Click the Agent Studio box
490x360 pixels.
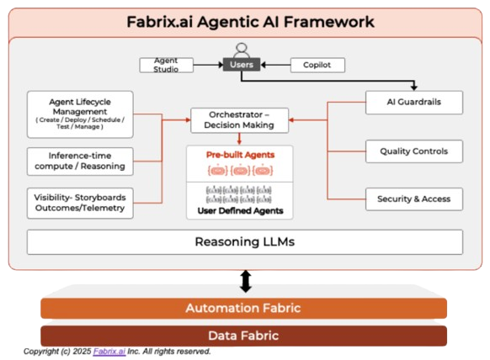pos(166,66)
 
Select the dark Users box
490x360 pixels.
pos(242,65)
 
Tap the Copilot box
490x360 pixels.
pos(317,66)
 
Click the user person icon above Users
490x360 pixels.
pos(242,50)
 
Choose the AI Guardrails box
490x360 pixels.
pos(414,103)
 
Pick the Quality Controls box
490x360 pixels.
pos(414,151)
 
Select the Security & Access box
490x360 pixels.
pos(414,199)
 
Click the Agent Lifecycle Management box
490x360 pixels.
pos(80,114)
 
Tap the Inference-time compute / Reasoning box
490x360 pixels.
pos(80,161)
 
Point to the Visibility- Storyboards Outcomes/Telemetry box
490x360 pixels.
pos(80,203)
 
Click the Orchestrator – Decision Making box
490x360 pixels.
pos(239,120)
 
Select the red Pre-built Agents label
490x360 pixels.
pos(240,155)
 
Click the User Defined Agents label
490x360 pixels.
pos(240,211)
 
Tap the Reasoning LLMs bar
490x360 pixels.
pos(245,242)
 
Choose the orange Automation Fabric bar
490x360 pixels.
pos(243,308)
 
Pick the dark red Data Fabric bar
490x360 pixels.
pos(243,336)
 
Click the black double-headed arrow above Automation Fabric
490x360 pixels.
pos(246,281)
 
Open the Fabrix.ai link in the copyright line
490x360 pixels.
pos(109,352)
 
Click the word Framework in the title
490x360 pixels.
pos(328,22)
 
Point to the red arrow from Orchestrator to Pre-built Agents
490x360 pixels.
pos(239,139)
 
